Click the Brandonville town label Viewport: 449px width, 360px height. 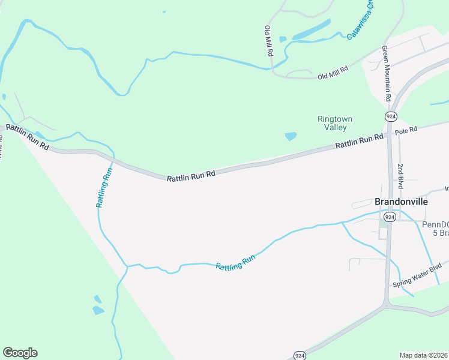401,202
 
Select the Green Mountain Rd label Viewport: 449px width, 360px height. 387,74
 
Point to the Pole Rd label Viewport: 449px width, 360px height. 406,130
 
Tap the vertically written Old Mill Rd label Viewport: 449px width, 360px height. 270,41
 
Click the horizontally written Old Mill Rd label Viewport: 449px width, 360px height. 333,73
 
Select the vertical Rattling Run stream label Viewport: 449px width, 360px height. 104,187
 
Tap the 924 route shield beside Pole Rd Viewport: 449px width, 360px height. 391,115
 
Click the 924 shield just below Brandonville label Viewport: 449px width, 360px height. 390,217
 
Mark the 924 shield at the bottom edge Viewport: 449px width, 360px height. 300,354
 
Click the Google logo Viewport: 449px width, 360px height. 20,353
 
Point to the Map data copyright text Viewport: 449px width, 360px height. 423,355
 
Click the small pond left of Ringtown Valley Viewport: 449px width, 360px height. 291,136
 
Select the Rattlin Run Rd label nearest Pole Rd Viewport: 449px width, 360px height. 359,142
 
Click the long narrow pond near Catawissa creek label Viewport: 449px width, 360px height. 311,30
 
